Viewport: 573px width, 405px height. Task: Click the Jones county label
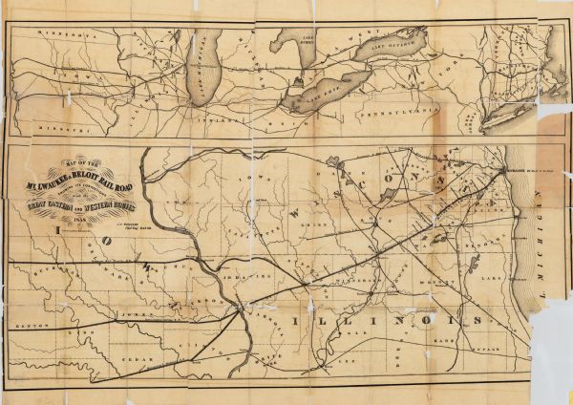tap(129, 312)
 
